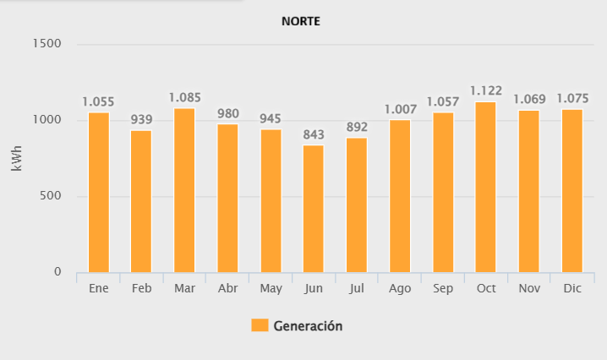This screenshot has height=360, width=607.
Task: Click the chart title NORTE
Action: (x=300, y=20)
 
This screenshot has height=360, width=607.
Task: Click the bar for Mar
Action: (x=184, y=190)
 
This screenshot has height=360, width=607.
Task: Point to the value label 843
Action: (x=314, y=135)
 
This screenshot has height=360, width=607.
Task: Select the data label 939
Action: (x=141, y=119)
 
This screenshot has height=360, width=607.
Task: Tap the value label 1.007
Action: (x=400, y=109)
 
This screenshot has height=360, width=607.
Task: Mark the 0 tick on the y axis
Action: (x=57, y=272)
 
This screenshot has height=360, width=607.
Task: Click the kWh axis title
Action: (x=18, y=158)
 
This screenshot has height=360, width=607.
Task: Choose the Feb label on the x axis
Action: (x=141, y=288)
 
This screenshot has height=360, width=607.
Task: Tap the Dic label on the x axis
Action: (x=571, y=288)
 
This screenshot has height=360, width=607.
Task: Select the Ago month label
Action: (x=400, y=288)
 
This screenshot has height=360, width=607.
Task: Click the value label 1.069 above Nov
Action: (x=528, y=100)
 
